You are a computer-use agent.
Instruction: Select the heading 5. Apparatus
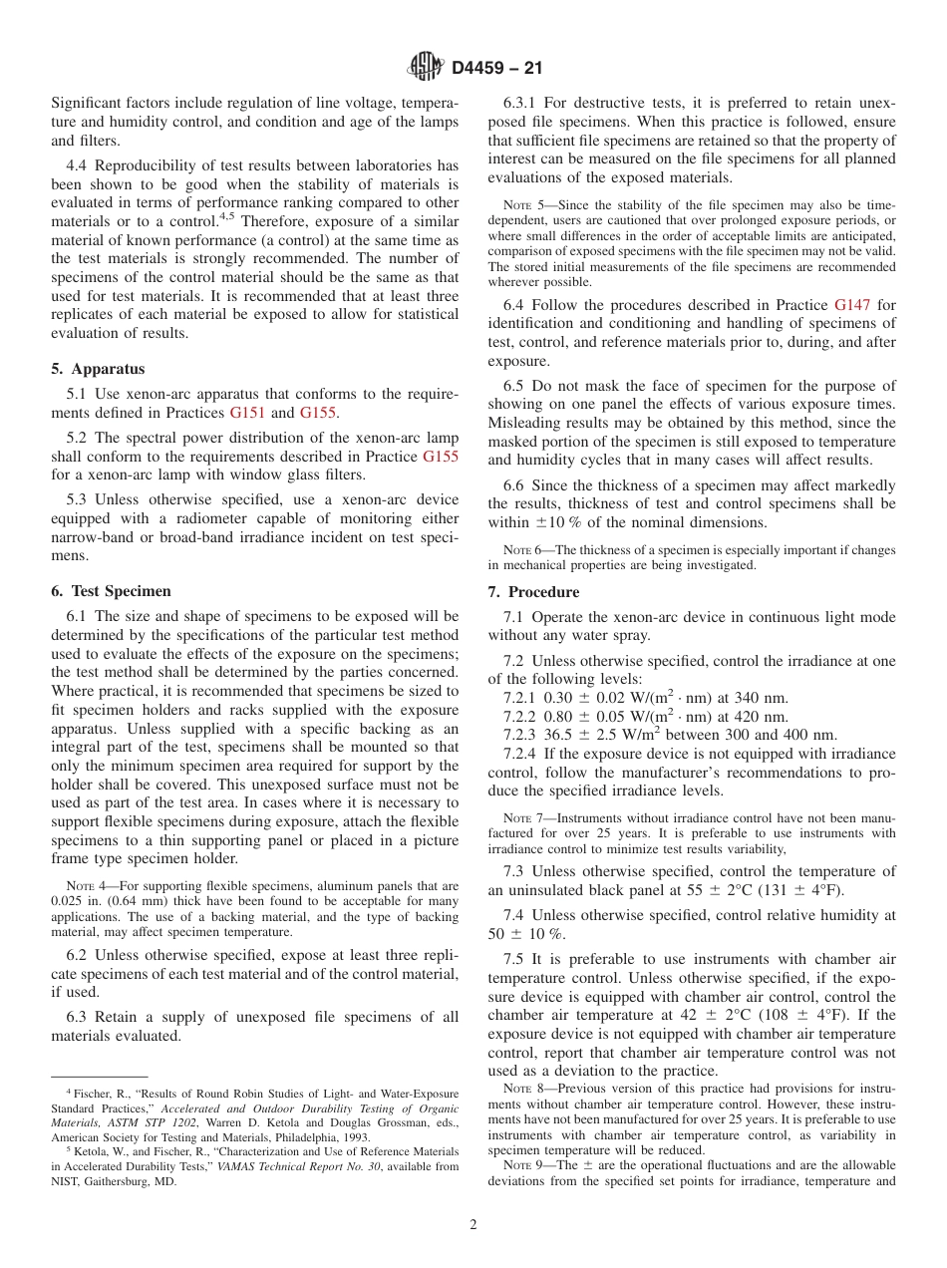pos(98,368)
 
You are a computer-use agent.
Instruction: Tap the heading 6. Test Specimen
pos(111,591)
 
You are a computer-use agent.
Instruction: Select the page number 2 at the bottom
pos(473,1225)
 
